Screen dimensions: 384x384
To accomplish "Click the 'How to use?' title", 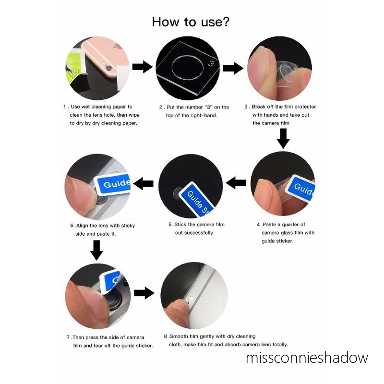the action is click(191, 22).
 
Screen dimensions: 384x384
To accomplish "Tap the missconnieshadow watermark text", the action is click(307, 358).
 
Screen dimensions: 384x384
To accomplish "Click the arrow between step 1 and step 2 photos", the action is click(142, 67).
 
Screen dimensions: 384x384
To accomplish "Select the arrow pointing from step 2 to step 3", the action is click(233, 68).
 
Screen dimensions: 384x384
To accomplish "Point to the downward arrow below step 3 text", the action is click(283, 139).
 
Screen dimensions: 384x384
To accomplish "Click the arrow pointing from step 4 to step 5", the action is click(236, 183).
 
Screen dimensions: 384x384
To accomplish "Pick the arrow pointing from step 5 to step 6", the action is click(143, 183).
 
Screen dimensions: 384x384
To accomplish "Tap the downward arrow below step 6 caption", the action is click(97, 250).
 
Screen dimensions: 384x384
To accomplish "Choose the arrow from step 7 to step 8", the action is click(144, 293).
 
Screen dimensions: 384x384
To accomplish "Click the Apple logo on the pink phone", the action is click(117, 47).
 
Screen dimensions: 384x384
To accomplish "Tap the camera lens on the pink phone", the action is click(109, 68).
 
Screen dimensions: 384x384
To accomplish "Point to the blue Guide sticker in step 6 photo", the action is click(114, 184).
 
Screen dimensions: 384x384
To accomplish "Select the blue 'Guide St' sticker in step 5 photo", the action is click(197, 200).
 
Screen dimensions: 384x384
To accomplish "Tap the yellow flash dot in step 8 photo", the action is click(191, 298).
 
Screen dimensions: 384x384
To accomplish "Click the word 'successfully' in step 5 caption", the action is click(198, 233).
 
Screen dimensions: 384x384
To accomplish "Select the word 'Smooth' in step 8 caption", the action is click(179, 336).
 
